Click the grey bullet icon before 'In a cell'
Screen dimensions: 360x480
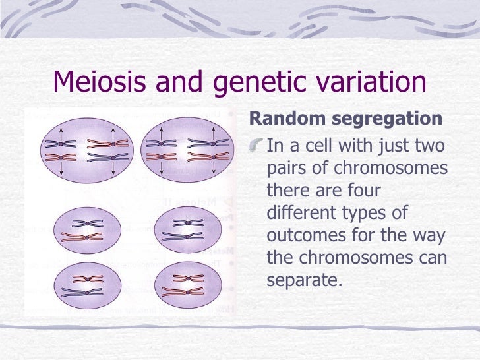tap(257, 145)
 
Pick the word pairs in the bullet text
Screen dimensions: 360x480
tap(285, 168)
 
